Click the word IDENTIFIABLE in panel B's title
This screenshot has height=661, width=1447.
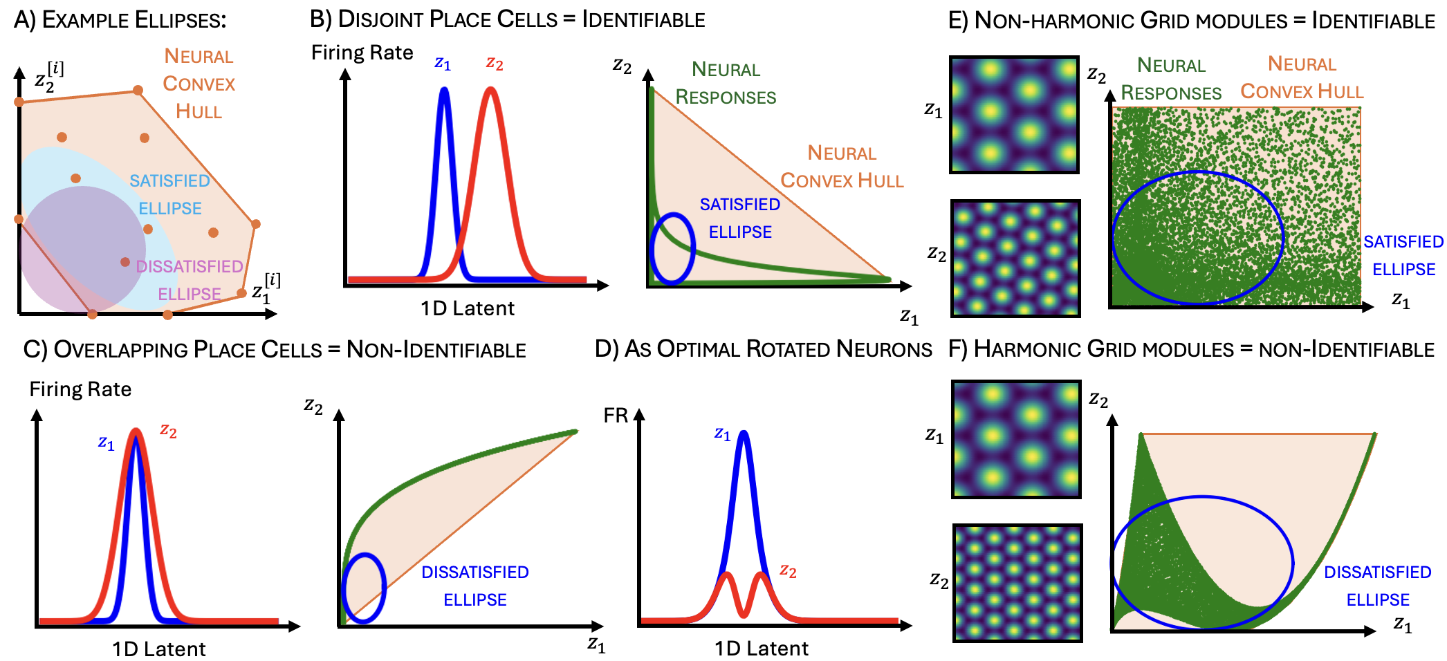(x=643, y=19)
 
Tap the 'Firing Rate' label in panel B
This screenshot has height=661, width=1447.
(x=362, y=53)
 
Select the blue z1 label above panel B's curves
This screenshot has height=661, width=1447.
(x=443, y=64)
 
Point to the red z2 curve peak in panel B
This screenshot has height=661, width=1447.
(x=490, y=90)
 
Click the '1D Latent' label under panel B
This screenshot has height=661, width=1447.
(x=468, y=308)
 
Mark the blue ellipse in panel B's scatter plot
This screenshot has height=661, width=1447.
(x=672, y=248)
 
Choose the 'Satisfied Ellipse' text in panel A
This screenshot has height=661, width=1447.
(x=169, y=194)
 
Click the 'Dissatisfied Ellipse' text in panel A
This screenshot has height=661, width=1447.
(x=189, y=280)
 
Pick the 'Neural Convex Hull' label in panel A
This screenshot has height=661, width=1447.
(x=199, y=84)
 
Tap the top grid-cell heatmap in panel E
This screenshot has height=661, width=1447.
(x=1014, y=115)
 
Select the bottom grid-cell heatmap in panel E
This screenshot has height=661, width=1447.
(x=1015, y=259)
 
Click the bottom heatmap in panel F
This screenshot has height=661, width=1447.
(x=1017, y=583)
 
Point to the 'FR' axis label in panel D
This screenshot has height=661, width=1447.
(x=616, y=416)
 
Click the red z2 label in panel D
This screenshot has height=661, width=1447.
(x=788, y=570)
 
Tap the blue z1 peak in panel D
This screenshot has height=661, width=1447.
(x=744, y=434)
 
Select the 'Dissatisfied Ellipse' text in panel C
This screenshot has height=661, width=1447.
(x=475, y=586)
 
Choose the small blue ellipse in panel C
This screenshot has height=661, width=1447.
(x=363, y=588)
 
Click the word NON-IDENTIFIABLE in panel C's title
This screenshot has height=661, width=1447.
(x=436, y=350)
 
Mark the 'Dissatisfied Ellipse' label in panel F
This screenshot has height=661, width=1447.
(x=1377, y=586)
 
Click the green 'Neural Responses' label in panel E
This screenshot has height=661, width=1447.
(x=1170, y=79)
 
